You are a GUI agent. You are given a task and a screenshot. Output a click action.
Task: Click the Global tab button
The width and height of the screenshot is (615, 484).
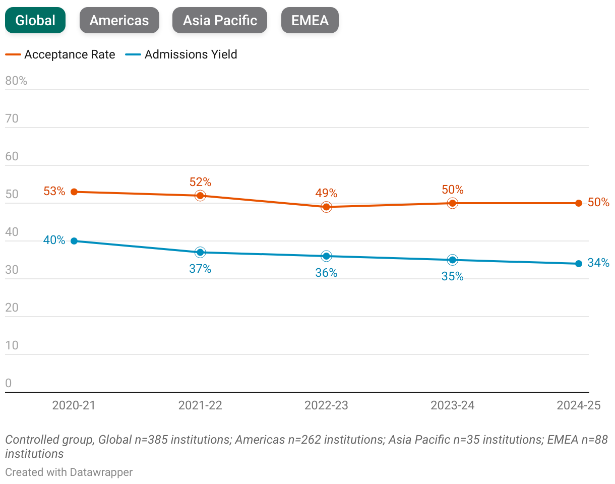click(x=35, y=21)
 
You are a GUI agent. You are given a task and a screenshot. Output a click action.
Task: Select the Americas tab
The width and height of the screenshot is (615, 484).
click(x=119, y=21)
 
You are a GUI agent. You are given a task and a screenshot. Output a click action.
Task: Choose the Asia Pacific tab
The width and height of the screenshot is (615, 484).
click(x=220, y=21)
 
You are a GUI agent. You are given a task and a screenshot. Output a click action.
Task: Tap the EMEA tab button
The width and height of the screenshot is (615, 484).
click(x=310, y=21)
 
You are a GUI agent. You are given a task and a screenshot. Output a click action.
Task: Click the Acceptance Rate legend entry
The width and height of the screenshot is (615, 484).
click(x=60, y=54)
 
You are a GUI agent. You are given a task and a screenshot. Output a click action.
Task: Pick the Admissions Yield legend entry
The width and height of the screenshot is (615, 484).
click(x=181, y=54)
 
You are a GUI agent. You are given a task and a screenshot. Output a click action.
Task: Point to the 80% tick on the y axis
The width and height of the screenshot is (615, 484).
click(x=16, y=81)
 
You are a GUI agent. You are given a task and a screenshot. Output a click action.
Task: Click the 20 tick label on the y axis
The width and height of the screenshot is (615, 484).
click(x=12, y=308)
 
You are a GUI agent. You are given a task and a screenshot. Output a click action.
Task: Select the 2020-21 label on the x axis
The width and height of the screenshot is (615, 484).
click(x=74, y=405)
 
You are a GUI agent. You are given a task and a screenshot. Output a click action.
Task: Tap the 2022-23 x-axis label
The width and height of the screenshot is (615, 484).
click(x=326, y=405)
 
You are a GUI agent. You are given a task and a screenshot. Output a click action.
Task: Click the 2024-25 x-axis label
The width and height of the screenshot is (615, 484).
click(x=578, y=405)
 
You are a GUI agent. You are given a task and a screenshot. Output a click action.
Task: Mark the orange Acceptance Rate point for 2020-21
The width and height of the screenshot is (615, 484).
click(x=74, y=192)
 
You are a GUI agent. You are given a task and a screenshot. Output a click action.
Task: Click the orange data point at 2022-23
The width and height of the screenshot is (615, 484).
click(x=326, y=207)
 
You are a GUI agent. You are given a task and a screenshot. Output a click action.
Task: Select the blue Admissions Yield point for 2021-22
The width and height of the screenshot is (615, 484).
click(x=200, y=252)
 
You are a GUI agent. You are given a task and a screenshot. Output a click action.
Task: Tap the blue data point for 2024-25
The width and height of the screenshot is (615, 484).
click(x=578, y=264)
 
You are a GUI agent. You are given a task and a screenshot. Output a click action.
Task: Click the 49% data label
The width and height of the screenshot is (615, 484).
click(x=326, y=193)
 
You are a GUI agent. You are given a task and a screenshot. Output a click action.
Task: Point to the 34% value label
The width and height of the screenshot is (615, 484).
click(x=598, y=263)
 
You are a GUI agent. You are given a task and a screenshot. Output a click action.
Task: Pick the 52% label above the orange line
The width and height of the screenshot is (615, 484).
click(x=200, y=182)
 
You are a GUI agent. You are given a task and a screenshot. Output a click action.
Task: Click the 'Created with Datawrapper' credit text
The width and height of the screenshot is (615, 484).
click(x=69, y=472)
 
